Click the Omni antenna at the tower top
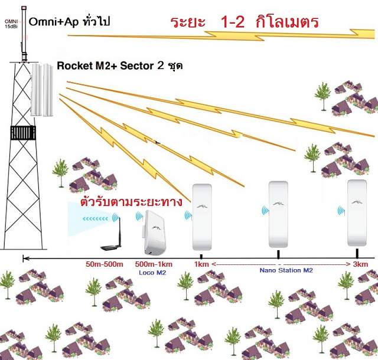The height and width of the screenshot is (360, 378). pos(24,32)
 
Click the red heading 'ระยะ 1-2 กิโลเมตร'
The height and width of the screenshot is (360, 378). pos(244,22)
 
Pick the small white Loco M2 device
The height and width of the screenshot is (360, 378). pos(155,233)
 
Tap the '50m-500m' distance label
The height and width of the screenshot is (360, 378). pos(104,264)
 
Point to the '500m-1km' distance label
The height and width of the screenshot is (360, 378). pos(154,264)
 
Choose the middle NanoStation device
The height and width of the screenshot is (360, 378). pos(278,214)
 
